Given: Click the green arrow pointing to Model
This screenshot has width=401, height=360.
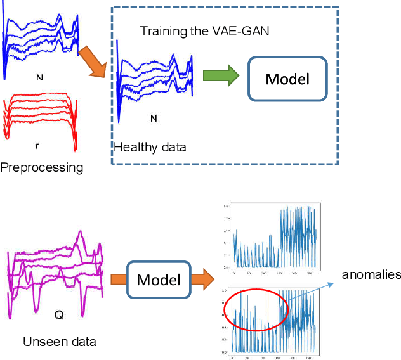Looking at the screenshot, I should point(220,76).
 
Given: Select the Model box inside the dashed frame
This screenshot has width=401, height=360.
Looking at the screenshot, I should point(287,79).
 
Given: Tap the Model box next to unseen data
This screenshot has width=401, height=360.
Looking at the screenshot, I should point(159,279).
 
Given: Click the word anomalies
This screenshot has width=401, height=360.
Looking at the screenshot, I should point(371,274).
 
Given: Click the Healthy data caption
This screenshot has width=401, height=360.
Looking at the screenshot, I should point(150,148).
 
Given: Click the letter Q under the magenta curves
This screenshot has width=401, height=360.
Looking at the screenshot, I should point(59,314).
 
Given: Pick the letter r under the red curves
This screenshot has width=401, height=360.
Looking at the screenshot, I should point(37,145).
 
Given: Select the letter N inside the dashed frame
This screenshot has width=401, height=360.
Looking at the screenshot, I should point(154,118).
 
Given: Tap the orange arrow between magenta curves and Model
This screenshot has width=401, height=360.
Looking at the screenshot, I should point(120,279).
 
